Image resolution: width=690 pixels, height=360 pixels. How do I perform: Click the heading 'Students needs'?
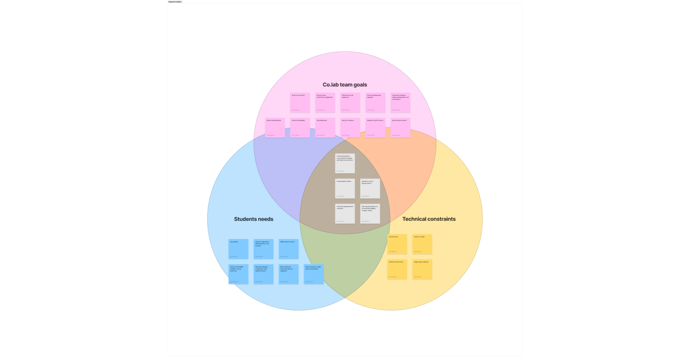pyautogui.click(x=254, y=219)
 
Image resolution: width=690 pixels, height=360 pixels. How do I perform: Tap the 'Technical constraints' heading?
pyautogui.click(x=428, y=219)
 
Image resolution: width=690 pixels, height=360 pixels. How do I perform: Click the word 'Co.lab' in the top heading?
pyautogui.click(x=331, y=85)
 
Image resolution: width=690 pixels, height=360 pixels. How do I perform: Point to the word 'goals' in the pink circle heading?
pyautogui.click(x=360, y=85)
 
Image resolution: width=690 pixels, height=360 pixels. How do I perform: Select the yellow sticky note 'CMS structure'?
pyautogui.click(x=397, y=244)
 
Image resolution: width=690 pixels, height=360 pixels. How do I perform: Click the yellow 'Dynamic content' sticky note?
pyautogui.click(x=422, y=244)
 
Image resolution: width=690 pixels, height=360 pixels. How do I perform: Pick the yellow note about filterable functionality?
pyautogui.click(x=397, y=269)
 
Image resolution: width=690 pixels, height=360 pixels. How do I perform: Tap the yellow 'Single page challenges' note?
pyautogui.click(x=422, y=269)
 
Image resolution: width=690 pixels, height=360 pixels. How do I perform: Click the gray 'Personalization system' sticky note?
pyautogui.click(x=344, y=189)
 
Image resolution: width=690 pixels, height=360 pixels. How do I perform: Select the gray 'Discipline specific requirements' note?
pyautogui.click(x=370, y=189)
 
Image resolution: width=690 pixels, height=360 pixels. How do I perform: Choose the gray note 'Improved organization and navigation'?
pyautogui.click(x=344, y=214)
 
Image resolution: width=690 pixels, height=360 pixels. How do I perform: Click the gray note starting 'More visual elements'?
pyautogui.click(x=370, y=214)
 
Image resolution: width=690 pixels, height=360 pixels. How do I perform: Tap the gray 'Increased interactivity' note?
pyautogui.click(x=344, y=163)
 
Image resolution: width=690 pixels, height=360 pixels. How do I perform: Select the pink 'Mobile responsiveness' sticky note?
pyautogui.click(x=275, y=128)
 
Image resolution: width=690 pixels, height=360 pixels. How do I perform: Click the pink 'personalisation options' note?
pyautogui.click(x=400, y=128)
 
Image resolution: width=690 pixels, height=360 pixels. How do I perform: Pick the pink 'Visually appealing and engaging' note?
pyautogui.click(x=375, y=103)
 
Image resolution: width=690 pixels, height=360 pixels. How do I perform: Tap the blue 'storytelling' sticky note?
pyautogui.click(x=238, y=249)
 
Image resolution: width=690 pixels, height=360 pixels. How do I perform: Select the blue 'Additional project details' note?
pyautogui.click(x=314, y=274)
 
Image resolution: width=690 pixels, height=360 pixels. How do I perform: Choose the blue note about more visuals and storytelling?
pyautogui.click(x=288, y=274)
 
